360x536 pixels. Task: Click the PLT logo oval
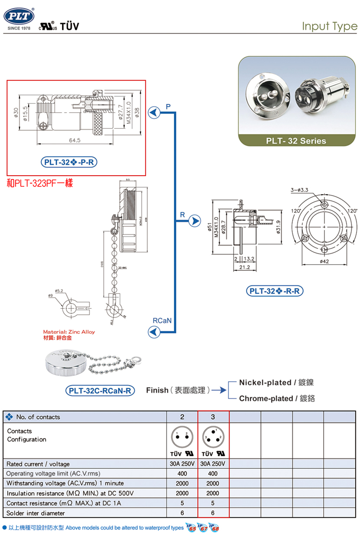[x=19, y=16]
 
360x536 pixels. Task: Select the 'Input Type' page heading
[x=329, y=26]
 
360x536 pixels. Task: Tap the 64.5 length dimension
[x=75, y=140]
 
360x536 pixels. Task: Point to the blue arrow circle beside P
[x=154, y=113]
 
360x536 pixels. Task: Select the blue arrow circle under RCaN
[x=154, y=332]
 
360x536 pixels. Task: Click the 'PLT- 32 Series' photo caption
[x=296, y=141]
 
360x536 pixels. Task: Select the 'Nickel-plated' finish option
[x=265, y=382]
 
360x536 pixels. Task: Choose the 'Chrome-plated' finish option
[x=266, y=399]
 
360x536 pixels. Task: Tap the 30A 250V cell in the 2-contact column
[x=182, y=464]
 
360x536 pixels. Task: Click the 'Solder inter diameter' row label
[x=36, y=513]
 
